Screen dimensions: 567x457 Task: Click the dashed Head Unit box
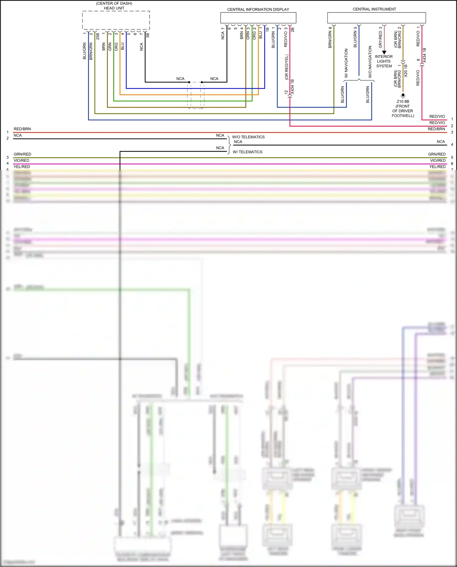pyautogui.click(x=116, y=20)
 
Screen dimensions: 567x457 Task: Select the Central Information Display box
pyautogui.click(x=258, y=18)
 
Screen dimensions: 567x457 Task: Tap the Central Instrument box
pyautogui.click(x=376, y=18)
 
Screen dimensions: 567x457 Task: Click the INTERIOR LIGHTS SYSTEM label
pyautogui.click(x=384, y=61)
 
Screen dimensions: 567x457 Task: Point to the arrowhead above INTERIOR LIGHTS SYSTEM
pyautogui.click(x=384, y=52)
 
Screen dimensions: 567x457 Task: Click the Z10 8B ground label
pyautogui.click(x=403, y=102)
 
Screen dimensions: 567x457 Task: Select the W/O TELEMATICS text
pyautogui.click(x=248, y=137)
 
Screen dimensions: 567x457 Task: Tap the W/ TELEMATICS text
pyautogui.click(x=247, y=152)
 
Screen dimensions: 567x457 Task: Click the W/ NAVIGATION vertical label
pyautogui.click(x=346, y=63)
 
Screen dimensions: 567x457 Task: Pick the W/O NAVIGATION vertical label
pyautogui.click(x=370, y=62)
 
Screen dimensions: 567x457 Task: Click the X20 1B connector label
pyautogui.click(x=406, y=71)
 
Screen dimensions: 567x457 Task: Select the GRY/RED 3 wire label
pyautogui.click(x=381, y=37)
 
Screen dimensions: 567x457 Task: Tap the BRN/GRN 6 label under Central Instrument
pyautogui.click(x=330, y=37)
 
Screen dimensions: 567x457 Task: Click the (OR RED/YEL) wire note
pyautogui.click(x=286, y=67)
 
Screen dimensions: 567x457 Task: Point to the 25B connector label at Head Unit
pyautogui.click(x=98, y=36)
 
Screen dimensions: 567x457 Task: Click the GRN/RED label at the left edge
pyautogui.click(x=22, y=154)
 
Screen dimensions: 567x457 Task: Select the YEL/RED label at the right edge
pyautogui.click(x=437, y=167)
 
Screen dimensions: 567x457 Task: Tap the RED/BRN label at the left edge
pyautogui.click(x=22, y=129)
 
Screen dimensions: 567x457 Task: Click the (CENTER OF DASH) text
pyautogui.click(x=114, y=3)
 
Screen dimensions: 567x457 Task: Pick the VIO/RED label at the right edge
pyautogui.click(x=438, y=161)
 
